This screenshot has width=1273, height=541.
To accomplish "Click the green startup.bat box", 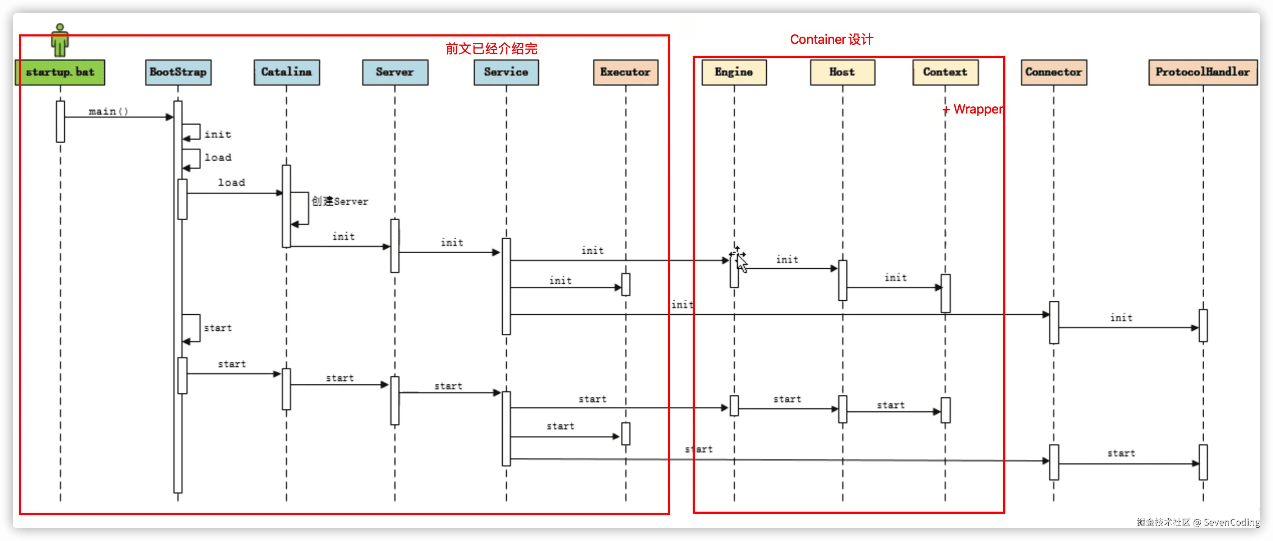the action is coord(60,73).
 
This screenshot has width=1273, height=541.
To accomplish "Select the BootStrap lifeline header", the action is coord(178,73).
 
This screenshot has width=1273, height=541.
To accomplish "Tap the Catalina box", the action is coord(287,73).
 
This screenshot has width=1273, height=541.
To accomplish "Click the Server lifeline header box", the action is coord(395,73).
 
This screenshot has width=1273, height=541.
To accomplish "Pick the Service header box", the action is coord(506,73).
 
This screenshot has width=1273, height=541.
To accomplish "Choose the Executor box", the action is coord(626,73).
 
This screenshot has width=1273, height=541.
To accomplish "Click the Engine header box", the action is coord(734,73).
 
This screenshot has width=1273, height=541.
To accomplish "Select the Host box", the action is coord(843,73).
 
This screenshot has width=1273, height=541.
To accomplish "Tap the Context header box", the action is coord(945,73).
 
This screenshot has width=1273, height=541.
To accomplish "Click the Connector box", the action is coord(1054,73).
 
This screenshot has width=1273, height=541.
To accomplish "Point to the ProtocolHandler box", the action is coord(1203,73).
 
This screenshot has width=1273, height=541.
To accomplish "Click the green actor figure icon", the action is coord(60,41).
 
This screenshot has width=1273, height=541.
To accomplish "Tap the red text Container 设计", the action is coord(832,40).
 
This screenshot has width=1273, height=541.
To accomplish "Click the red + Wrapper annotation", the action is coord(972,109).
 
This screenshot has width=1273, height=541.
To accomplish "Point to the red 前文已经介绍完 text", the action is coord(491,48).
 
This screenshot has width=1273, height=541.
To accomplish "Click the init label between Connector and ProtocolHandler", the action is coord(1121,318).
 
